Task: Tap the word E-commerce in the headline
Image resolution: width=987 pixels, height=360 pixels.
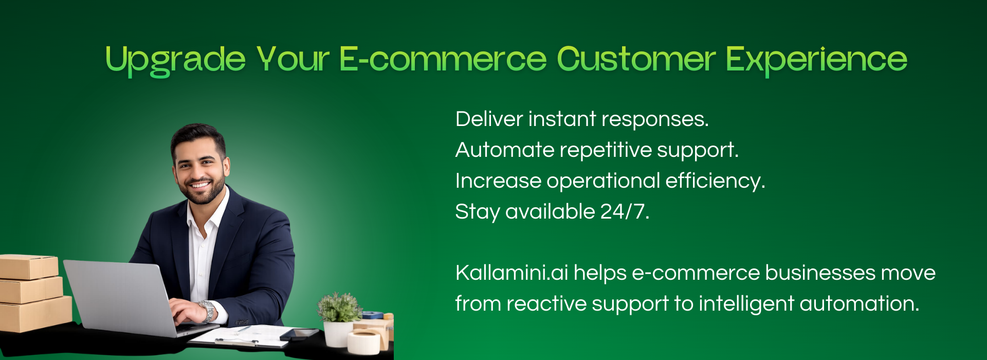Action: [x=443, y=59]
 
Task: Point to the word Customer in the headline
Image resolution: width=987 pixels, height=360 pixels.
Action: [x=636, y=59]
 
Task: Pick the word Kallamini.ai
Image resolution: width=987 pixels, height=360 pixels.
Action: [x=511, y=273]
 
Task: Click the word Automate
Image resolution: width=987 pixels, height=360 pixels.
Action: [x=505, y=150]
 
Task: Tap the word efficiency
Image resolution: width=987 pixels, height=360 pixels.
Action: [x=715, y=181]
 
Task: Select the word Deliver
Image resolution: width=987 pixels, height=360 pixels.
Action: [x=489, y=119]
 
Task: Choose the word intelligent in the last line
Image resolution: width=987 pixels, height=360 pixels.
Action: [x=746, y=304]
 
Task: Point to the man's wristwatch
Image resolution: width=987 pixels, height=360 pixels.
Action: [x=207, y=311]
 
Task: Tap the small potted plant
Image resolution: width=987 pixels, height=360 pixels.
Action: [x=339, y=319]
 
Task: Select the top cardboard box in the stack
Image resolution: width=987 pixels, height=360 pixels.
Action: [x=29, y=266]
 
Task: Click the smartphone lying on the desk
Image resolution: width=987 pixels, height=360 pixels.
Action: [x=300, y=334]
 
